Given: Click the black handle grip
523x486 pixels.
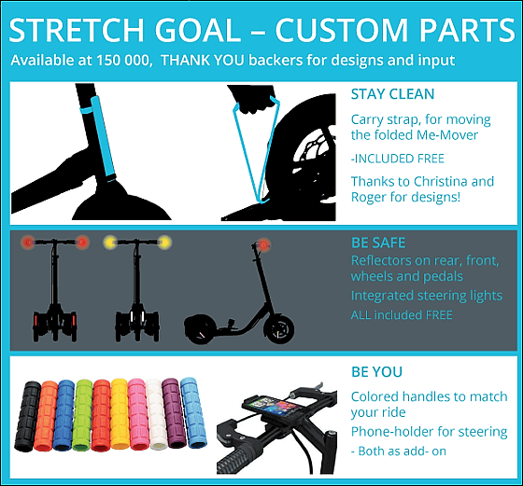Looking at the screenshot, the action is (28, 416).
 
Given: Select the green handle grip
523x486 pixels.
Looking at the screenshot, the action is (82, 415).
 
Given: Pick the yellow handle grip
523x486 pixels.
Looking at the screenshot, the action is (120, 414).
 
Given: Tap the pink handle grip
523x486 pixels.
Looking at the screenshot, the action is (137, 414).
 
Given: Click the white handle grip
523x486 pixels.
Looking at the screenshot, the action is (156, 414).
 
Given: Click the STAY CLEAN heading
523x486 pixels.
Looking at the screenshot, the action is (392, 94).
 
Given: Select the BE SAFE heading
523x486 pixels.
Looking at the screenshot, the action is (378, 243).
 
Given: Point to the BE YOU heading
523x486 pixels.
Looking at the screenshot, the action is (377, 372).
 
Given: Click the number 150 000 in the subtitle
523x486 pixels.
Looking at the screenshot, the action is (122, 61).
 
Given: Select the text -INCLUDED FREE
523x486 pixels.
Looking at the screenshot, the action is (397, 159).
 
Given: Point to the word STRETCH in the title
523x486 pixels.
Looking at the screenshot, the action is (77, 30).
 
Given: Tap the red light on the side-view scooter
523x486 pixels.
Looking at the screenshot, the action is (263, 244).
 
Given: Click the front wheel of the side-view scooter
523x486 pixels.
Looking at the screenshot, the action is (278, 328).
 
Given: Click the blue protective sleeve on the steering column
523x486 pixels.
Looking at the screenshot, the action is (103, 136).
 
